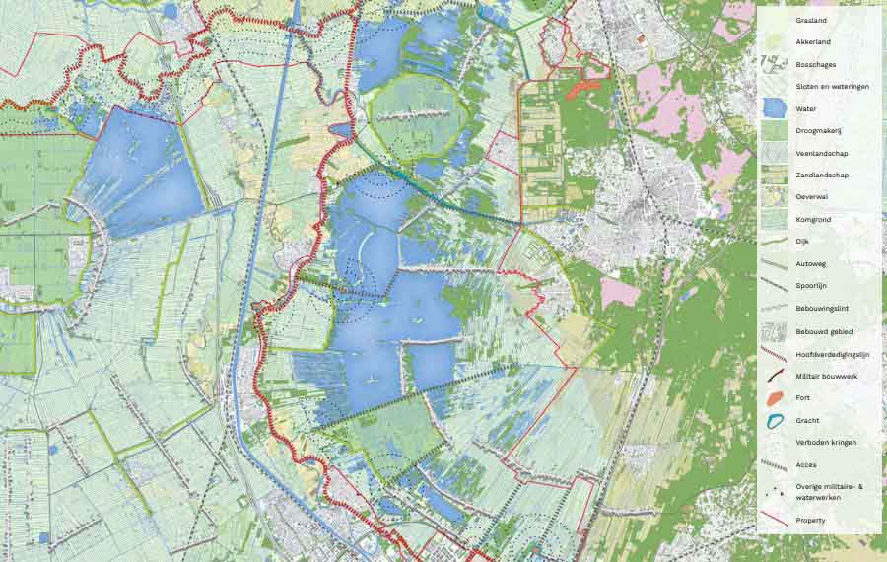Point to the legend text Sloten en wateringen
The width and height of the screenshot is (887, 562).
[x=832, y=87]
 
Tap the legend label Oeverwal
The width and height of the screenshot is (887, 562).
[x=810, y=197]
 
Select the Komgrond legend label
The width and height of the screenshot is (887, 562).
[x=812, y=220]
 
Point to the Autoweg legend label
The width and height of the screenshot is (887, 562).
[x=809, y=264]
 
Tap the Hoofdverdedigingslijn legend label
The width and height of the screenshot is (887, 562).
[x=832, y=353]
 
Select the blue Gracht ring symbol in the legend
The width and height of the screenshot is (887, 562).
[x=775, y=420]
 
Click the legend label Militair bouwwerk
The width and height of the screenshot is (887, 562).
[x=827, y=376]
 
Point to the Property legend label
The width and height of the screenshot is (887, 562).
[x=811, y=519]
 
